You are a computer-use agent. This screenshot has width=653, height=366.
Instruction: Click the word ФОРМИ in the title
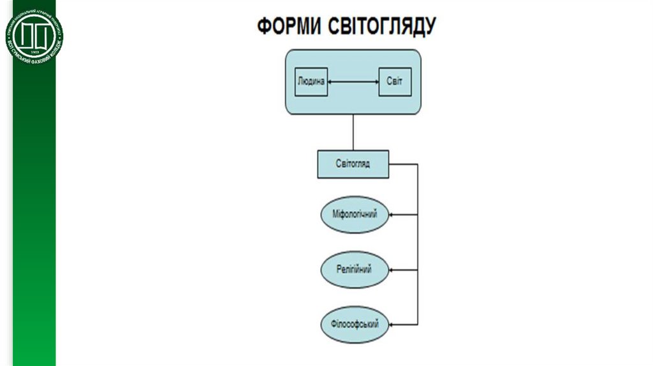coord(290,27)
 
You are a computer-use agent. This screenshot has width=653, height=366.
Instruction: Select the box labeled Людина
coord(312,82)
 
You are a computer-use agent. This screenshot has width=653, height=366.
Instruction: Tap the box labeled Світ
coord(395,82)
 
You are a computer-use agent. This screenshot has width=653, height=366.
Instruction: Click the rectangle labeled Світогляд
coord(353,164)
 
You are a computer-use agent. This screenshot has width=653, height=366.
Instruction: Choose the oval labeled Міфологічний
coord(355,215)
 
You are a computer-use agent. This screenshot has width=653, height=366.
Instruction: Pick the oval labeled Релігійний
coord(355,270)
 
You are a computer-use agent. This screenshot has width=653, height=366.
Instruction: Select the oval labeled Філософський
coord(355,324)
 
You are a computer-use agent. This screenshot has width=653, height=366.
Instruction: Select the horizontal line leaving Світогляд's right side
coord(403,164)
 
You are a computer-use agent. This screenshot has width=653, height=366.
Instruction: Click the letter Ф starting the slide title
coord(263,27)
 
